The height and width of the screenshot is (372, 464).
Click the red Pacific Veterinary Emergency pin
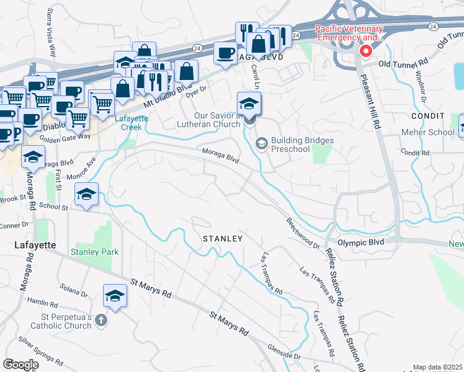tap(366, 51)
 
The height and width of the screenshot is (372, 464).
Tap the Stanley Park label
tap(94, 252)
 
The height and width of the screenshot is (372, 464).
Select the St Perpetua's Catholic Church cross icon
tap(101, 321)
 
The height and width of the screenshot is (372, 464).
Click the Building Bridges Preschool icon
tap(262, 144)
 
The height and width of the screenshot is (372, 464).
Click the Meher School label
tap(432, 132)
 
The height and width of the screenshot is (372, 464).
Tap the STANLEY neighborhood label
tap(222, 238)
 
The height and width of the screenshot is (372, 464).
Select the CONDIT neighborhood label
tap(428, 116)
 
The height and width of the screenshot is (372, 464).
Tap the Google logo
tap(20, 365)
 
